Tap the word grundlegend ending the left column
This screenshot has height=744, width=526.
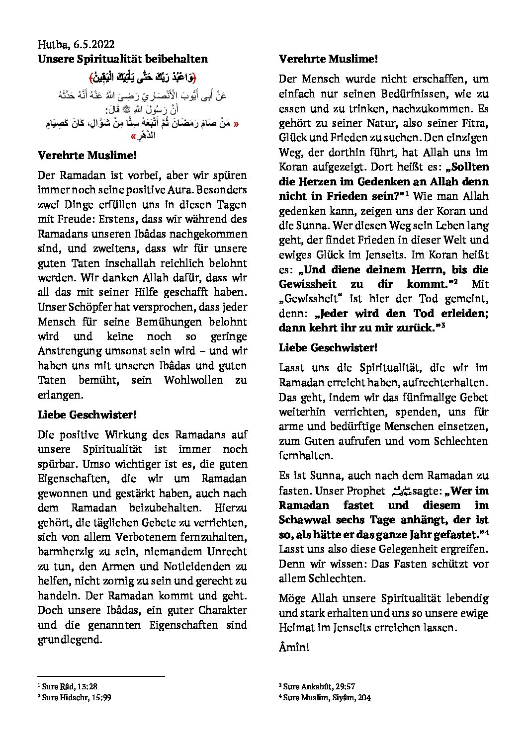tap(70, 640)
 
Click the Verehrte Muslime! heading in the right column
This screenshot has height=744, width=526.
tap(328, 59)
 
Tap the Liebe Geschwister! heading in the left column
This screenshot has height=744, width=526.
tap(87, 415)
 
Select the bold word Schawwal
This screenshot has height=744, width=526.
tap(302, 520)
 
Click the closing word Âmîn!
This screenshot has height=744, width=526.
tap(294, 648)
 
